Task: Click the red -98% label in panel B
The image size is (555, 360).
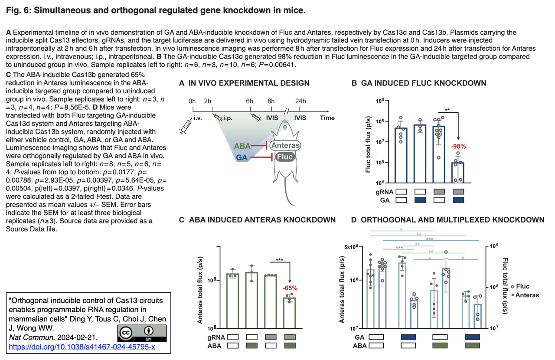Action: [x=458, y=147]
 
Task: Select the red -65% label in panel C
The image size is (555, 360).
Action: [x=290, y=288]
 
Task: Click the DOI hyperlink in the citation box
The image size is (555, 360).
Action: [x=82, y=347]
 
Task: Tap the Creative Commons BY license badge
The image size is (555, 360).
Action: [x=142, y=333]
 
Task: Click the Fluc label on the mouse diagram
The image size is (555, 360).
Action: [x=285, y=157]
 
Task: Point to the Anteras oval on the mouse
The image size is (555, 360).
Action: [x=285, y=145]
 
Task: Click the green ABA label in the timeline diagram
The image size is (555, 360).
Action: [x=242, y=146]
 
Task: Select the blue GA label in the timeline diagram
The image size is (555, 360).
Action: [x=242, y=157]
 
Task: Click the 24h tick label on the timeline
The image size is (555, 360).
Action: [x=300, y=101]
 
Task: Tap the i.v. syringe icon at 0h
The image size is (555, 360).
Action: [x=186, y=126]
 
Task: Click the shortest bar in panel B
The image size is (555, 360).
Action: [x=458, y=173]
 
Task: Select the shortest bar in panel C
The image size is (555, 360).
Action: [x=290, y=313]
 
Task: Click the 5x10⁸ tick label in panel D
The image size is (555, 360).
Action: [x=351, y=247]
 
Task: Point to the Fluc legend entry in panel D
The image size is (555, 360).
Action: [x=520, y=286]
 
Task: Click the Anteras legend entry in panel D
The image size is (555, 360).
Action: [x=525, y=295]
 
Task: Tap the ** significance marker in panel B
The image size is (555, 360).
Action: [x=447, y=110]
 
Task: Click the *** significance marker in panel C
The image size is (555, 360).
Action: [x=279, y=259]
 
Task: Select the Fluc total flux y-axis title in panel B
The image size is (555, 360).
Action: [x=368, y=144]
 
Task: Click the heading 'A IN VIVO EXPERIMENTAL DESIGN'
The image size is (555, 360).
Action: [x=244, y=83]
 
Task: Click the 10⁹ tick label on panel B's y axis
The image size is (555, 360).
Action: [x=380, y=101]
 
